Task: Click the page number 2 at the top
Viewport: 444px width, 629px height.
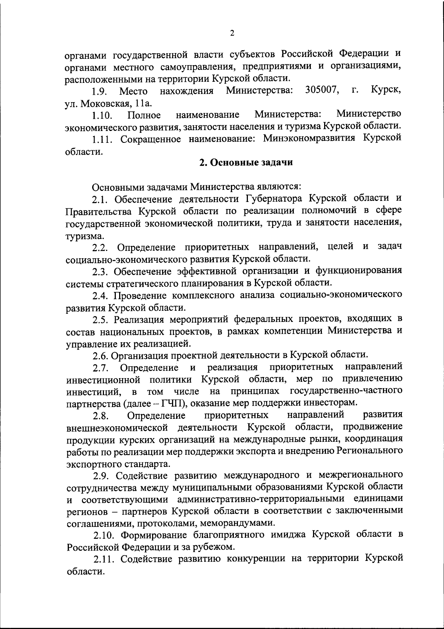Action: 232,33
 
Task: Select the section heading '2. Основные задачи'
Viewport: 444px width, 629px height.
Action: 246,163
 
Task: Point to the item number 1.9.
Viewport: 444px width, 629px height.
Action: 100,91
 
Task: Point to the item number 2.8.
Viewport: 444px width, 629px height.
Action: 101,416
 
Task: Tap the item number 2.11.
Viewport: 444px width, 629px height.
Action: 102,559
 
